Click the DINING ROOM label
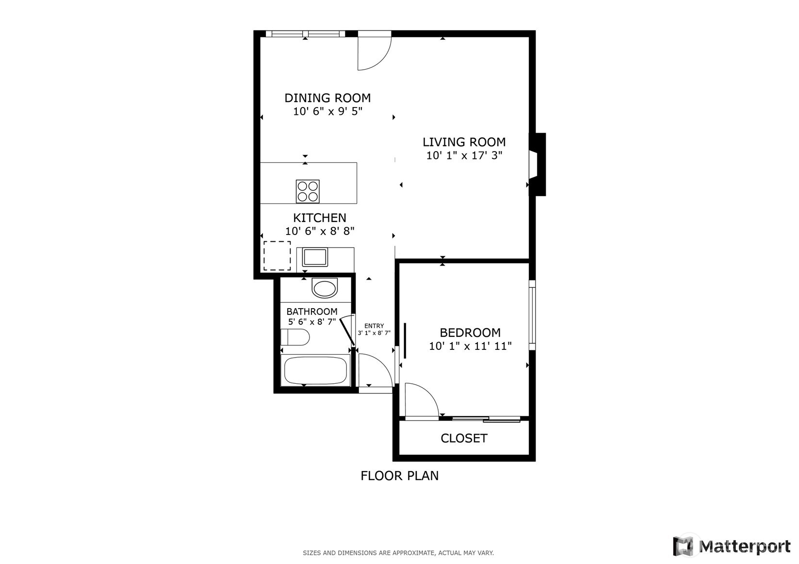click(x=327, y=98)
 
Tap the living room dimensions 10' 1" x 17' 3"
click(x=464, y=156)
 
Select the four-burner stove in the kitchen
click(x=308, y=191)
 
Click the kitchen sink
click(x=315, y=256)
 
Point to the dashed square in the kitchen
click(x=277, y=256)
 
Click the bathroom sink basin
click(x=324, y=289)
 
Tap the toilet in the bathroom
click(x=295, y=337)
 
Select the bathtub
click(x=315, y=371)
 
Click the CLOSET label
click(x=464, y=438)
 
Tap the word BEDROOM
click(x=470, y=333)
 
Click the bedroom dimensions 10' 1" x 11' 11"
click(x=470, y=346)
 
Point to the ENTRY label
click(x=374, y=326)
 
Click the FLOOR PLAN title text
click(x=399, y=476)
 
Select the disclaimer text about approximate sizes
click(x=398, y=553)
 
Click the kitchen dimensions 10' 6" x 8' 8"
click(x=320, y=231)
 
